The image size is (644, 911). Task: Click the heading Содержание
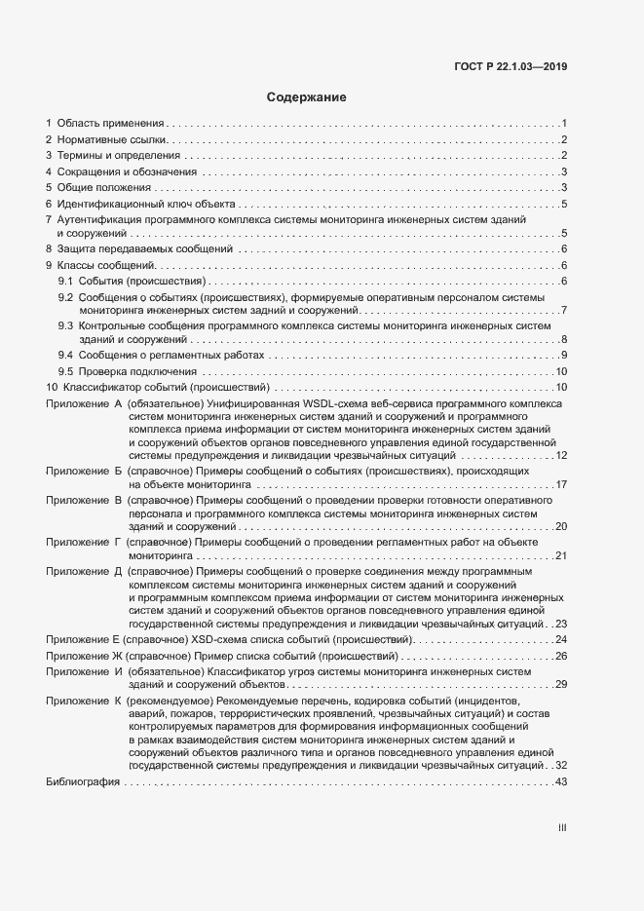click(x=307, y=97)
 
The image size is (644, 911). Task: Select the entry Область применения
click(x=110, y=124)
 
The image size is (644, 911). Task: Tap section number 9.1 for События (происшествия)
click(x=65, y=281)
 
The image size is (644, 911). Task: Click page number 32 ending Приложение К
click(x=560, y=766)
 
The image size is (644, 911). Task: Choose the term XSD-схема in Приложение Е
click(x=220, y=639)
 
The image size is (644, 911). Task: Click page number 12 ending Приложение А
click(x=560, y=455)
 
